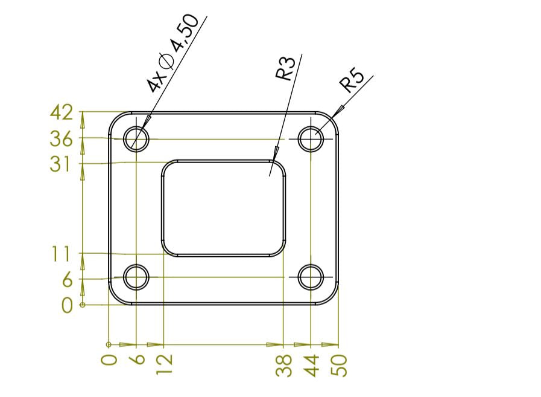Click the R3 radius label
pyautogui.click(x=286, y=68)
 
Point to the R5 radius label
pyautogui.click(x=352, y=81)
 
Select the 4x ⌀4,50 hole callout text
pyautogui.click(x=173, y=53)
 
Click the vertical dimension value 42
pyautogui.click(x=62, y=113)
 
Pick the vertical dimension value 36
pyautogui.click(x=61, y=139)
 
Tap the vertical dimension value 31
pyautogui.click(x=60, y=164)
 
